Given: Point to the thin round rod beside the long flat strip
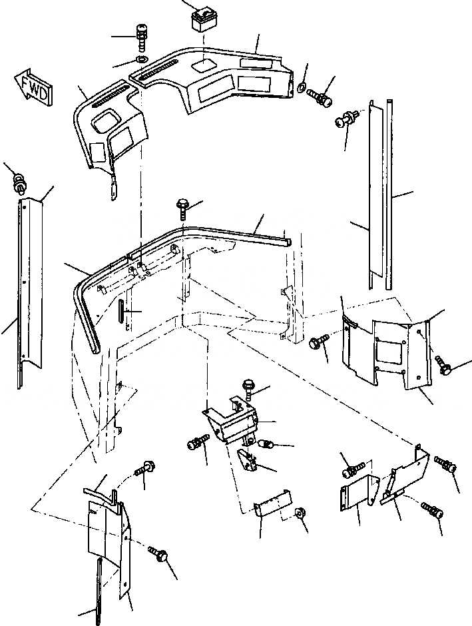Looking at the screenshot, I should (x=389, y=193).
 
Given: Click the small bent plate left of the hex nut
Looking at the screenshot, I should (x=273, y=503).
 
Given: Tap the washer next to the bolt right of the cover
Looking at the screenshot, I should (x=302, y=87).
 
